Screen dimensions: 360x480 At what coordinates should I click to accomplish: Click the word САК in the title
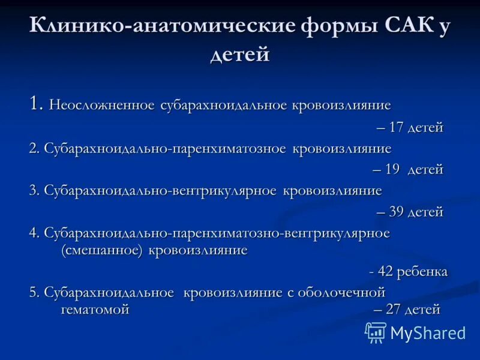405,26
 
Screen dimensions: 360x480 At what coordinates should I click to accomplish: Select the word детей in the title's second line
240,55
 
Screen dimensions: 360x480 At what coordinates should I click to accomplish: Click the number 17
397,127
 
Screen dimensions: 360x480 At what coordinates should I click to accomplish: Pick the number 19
392,169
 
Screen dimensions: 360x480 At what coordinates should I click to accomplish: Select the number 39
397,211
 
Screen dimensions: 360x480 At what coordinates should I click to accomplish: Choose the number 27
394,310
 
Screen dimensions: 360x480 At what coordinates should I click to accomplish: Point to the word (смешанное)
101,250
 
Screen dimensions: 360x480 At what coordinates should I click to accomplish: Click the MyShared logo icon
376,332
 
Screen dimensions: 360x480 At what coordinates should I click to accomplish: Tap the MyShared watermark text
428,333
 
